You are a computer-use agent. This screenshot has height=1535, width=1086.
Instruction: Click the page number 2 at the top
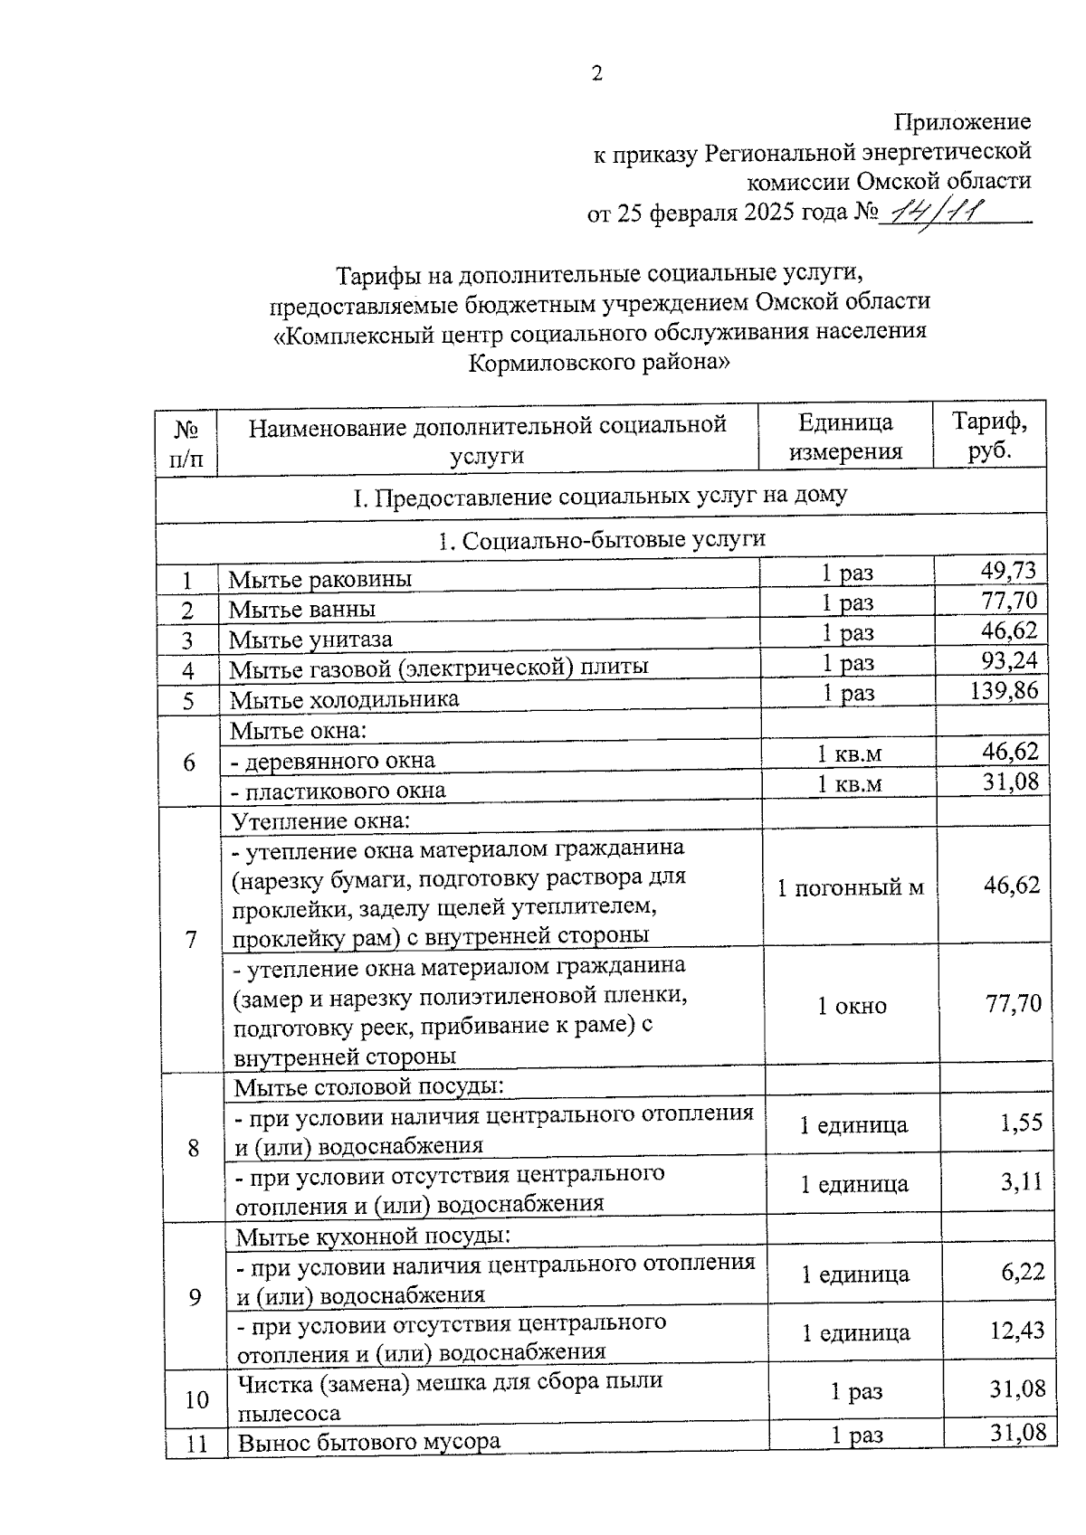596,74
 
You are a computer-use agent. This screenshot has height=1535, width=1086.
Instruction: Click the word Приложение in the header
962,121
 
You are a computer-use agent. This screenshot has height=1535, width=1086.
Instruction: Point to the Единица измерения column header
845,436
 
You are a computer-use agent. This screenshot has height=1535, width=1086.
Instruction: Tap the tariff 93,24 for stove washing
1009,660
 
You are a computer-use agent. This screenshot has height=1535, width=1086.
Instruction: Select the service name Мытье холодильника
344,699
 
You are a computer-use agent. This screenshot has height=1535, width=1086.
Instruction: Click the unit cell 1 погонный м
850,887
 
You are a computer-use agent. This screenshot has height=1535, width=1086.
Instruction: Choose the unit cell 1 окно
852,1006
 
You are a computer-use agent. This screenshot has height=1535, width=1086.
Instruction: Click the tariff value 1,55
1022,1123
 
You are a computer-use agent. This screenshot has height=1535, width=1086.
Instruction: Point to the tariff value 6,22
1023,1272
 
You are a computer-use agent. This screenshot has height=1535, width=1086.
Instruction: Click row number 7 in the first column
190,940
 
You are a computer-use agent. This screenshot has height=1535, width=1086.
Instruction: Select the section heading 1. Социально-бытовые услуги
601,540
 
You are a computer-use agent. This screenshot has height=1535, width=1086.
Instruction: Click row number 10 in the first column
196,1399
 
